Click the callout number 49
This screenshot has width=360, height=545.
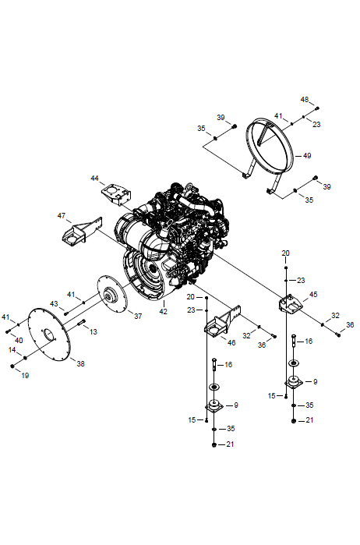click(307, 156)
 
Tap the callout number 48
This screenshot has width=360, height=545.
click(305, 100)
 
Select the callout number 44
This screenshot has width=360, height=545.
click(94, 179)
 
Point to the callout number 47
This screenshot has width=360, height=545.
click(61, 216)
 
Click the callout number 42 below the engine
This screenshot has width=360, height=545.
click(163, 311)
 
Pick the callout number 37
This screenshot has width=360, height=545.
click(138, 317)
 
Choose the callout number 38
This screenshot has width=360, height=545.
click(80, 364)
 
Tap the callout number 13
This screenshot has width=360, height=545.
click(94, 332)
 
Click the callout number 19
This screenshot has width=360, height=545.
click(25, 375)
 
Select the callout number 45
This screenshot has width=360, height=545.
click(313, 295)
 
